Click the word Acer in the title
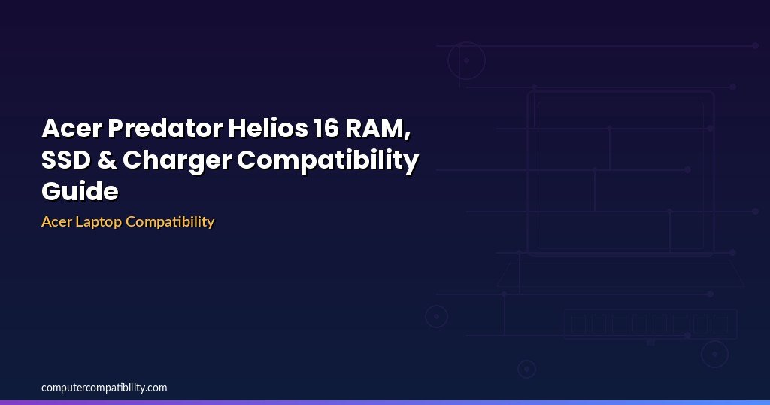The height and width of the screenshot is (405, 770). click(x=71, y=128)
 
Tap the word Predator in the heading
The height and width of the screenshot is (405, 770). click(x=165, y=128)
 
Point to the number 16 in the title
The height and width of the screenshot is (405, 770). click(x=326, y=128)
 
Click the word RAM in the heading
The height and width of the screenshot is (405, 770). click(x=375, y=128)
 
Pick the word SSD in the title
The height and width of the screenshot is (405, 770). click(x=66, y=160)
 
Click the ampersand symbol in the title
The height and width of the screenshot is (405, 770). click(x=107, y=160)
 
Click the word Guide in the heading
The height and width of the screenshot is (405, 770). click(x=80, y=190)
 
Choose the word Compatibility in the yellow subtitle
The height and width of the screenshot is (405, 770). click(x=170, y=222)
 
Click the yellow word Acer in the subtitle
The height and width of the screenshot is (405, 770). click(x=56, y=221)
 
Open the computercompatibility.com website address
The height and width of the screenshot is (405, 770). click(x=104, y=388)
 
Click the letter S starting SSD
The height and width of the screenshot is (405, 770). click(x=49, y=160)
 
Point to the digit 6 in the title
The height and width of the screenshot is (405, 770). click(x=332, y=128)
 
